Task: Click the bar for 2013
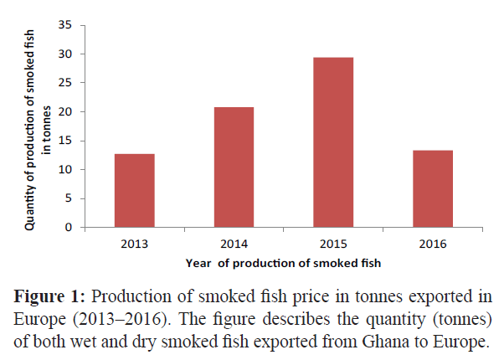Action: click(x=134, y=190)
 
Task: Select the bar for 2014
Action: click(x=234, y=167)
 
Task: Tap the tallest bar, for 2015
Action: click(x=333, y=142)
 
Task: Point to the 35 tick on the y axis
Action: click(x=64, y=25)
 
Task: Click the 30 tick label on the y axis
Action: click(x=64, y=54)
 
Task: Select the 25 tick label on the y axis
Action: click(x=64, y=83)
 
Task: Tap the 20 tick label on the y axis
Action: click(x=64, y=112)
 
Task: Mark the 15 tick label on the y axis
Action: click(x=64, y=141)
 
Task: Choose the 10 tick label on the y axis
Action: click(x=64, y=170)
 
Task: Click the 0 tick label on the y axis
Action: click(x=67, y=228)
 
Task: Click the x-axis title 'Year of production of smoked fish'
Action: click(x=282, y=263)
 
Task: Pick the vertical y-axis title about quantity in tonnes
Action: click(x=36, y=126)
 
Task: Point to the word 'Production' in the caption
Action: click(x=126, y=298)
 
